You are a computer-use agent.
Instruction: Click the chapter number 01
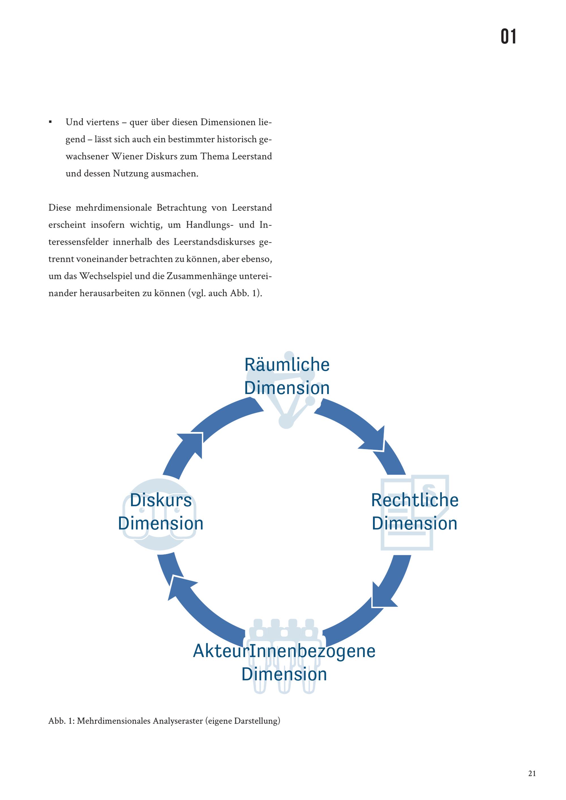click(x=509, y=36)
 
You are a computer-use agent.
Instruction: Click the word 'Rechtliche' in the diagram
click(x=415, y=500)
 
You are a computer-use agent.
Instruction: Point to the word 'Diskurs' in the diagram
click(x=161, y=500)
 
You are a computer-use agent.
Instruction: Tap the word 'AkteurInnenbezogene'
click(x=284, y=651)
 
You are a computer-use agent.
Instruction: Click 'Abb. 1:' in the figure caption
click(x=62, y=721)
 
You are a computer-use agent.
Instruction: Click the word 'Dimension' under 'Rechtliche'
click(x=415, y=523)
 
